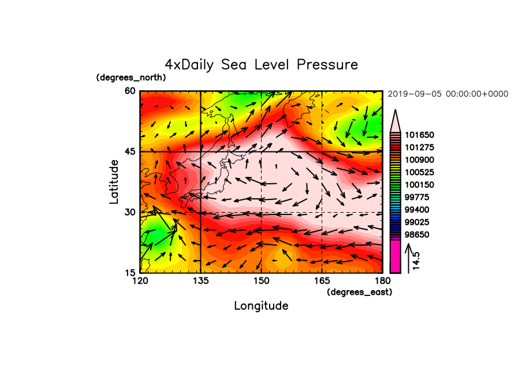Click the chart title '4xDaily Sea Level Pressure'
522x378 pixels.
[262, 65]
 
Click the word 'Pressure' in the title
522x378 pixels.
[327, 64]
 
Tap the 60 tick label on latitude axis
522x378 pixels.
[130, 91]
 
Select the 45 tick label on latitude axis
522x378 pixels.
[130, 151]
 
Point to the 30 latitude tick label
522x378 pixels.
[130, 212]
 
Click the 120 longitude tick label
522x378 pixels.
[140, 281]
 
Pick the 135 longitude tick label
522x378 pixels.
[201, 281]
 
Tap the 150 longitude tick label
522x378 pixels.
[262, 281]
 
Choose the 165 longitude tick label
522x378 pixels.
[322, 281]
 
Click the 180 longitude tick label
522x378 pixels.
[382, 281]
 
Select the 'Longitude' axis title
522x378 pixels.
[262, 306]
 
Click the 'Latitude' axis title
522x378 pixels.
[114, 182]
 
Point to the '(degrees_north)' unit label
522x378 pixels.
[131, 77]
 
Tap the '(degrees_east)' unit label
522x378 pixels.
[360, 292]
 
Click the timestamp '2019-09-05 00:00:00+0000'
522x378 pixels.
[448, 94]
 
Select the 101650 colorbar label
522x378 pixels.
[419, 135]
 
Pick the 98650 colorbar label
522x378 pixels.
[417, 235]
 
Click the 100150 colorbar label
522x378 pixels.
[419, 185]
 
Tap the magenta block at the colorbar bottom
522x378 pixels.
[395, 257]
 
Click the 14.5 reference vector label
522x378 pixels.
[416, 261]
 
